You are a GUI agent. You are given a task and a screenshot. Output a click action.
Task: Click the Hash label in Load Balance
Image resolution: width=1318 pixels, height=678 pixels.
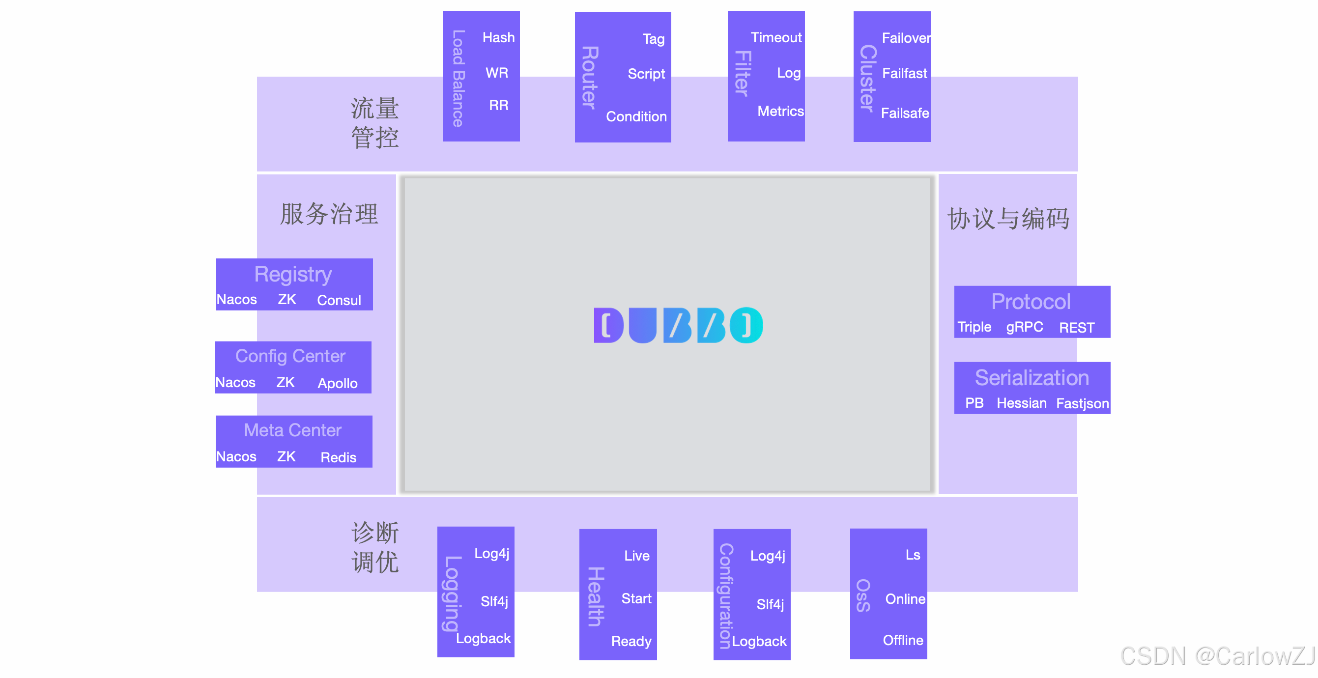pyautogui.click(x=498, y=37)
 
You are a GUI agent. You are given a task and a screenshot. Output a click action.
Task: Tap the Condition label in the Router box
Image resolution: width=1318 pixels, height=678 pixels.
pyautogui.click(x=636, y=116)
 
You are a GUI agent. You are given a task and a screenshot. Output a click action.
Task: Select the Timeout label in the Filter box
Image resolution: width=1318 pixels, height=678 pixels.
pyautogui.click(x=775, y=37)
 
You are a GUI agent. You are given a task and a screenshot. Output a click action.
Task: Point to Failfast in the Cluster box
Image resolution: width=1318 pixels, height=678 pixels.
pyautogui.click(x=904, y=74)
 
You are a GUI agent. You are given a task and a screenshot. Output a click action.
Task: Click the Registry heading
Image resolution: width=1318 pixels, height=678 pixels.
pyautogui.click(x=293, y=274)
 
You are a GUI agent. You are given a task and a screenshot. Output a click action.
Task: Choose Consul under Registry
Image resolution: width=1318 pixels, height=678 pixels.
pyautogui.click(x=339, y=300)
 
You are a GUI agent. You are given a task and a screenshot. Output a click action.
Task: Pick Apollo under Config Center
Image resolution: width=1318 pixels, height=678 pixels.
pyautogui.click(x=337, y=383)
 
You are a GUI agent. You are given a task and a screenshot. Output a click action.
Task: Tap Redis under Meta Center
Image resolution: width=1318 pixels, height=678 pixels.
pyautogui.click(x=338, y=457)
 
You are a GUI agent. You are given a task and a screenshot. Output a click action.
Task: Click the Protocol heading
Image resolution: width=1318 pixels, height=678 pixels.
pyautogui.click(x=1031, y=302)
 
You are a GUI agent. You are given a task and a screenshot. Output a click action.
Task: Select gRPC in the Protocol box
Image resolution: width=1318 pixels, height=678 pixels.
pyautogui.click(x=1024, y=327)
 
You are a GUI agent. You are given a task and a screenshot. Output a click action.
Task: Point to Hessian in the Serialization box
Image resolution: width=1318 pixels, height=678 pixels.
pyautogui.click(x=1021, y=403)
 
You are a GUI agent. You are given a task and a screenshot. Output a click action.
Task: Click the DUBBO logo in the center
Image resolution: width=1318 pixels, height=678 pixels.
pyautogui.click(x=678, y=325)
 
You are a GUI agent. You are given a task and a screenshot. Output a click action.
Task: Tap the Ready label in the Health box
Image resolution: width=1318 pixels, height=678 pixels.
pyautogui.click(x=631, y=641)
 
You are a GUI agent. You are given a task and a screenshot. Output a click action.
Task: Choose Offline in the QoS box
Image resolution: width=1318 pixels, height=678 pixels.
pyautogui.click(x=903, y=640)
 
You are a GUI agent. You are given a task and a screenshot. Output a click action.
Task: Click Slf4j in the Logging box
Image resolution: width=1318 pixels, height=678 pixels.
pyautogui.click(x=494, y=601)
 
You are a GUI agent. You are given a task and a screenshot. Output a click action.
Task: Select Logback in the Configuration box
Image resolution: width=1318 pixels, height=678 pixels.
pyautogui.click(x=759, y=641)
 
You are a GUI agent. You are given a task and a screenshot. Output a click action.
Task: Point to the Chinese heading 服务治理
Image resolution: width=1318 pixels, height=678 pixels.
pyautogui.click(x=329, y=214)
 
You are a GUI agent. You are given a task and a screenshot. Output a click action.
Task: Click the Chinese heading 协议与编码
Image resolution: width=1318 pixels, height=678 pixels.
pyautogui.click(x=1008, y=219)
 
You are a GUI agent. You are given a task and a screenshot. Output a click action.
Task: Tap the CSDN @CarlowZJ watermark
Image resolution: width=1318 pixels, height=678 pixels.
pyautogui.click(x=1217, y=656)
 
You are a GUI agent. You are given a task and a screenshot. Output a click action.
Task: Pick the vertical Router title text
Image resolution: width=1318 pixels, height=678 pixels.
pyautogui.click(x=590, y=77)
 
